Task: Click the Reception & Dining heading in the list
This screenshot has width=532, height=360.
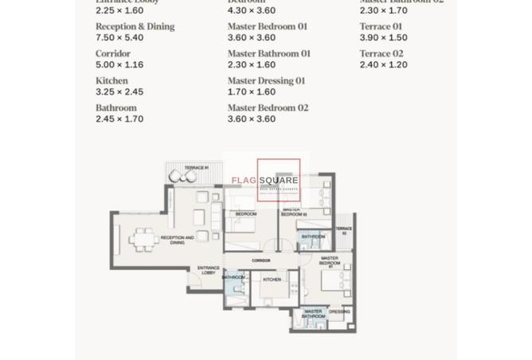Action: coord(135,26)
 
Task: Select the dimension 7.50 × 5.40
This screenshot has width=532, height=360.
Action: coord(119,37)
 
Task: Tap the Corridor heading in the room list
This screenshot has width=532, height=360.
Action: coord(113,53)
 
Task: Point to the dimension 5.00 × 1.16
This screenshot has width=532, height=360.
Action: coord(119,65)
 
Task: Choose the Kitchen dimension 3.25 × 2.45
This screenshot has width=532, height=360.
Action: coord(119,92)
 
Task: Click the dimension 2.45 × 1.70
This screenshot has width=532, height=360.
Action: coord(119,119)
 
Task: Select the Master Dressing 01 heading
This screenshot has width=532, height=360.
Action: coord(266,80)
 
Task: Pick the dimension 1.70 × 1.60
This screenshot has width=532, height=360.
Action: coord(251,92)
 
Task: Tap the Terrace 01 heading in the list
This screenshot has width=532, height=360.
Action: coord(381,26)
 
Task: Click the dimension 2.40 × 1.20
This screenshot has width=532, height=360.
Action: coord(383,65)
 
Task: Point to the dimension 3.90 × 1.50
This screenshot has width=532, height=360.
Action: coord(383,37)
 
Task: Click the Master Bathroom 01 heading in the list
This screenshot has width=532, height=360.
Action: coord(268,53)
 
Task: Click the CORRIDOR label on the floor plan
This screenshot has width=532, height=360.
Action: coord(261,260)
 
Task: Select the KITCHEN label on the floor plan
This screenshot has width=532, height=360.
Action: coord(272,280)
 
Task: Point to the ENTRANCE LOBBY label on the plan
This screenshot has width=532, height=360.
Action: coord(208,271)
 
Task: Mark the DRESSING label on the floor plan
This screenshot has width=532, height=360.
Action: coord(338,311)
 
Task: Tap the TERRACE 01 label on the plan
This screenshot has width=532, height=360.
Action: coord(196,168)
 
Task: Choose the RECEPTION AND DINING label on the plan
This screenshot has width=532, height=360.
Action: coord(177,239)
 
